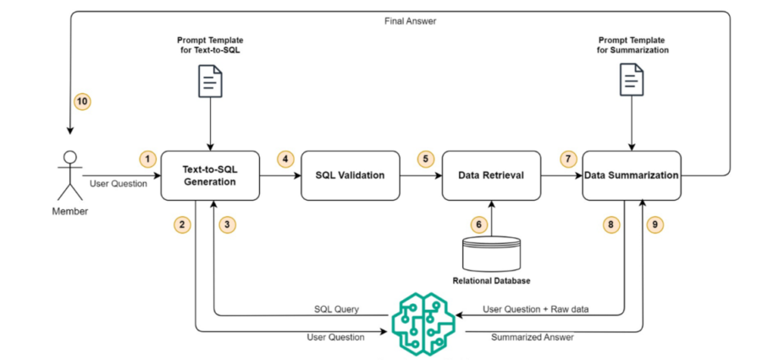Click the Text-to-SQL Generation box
click(210, 175)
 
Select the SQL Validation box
click(351, 175)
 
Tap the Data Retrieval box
click(491, 175)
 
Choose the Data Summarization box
click(632, 175)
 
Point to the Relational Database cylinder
click(491, 252)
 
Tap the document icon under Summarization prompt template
click(632, 81)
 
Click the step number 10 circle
click(82, 102)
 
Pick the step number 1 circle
click(147, 159)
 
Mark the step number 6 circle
click(479, 224)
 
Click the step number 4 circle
click(285, 159)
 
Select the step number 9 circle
click(655, 224)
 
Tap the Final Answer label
click(411, 21)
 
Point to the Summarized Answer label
click(533, 337)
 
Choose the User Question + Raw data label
click(535, 309)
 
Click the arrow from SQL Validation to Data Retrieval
click(421, 175)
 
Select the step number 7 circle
click(568, 159)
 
